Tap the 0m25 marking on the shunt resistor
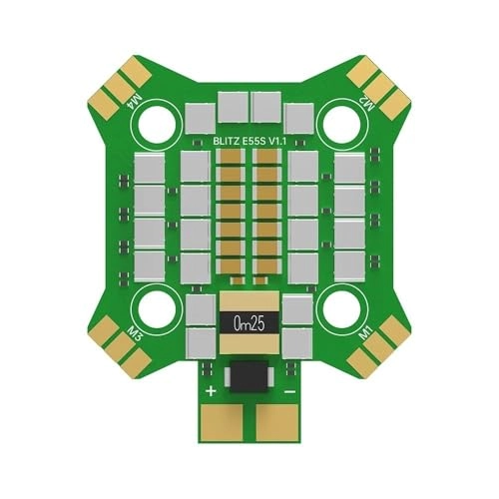(249, 323)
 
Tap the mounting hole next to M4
(157, 123)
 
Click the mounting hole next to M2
(342, 123)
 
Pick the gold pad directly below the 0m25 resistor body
(249, 345)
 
